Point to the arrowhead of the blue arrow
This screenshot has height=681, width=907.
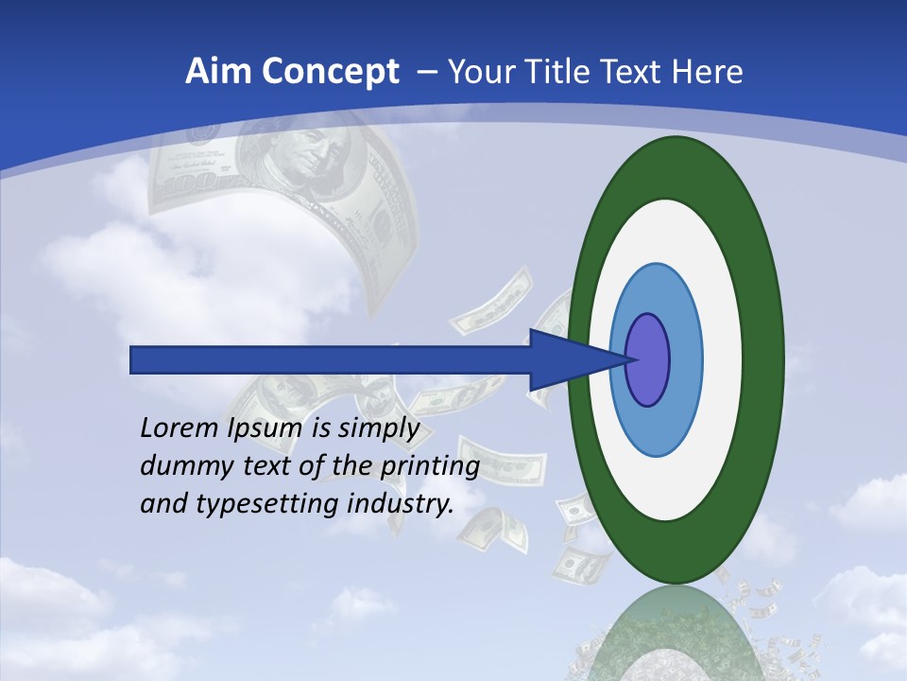tap(576, 359)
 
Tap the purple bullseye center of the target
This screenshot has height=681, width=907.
tap(648, 359)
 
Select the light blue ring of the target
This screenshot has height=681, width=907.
tap(684, 359)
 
